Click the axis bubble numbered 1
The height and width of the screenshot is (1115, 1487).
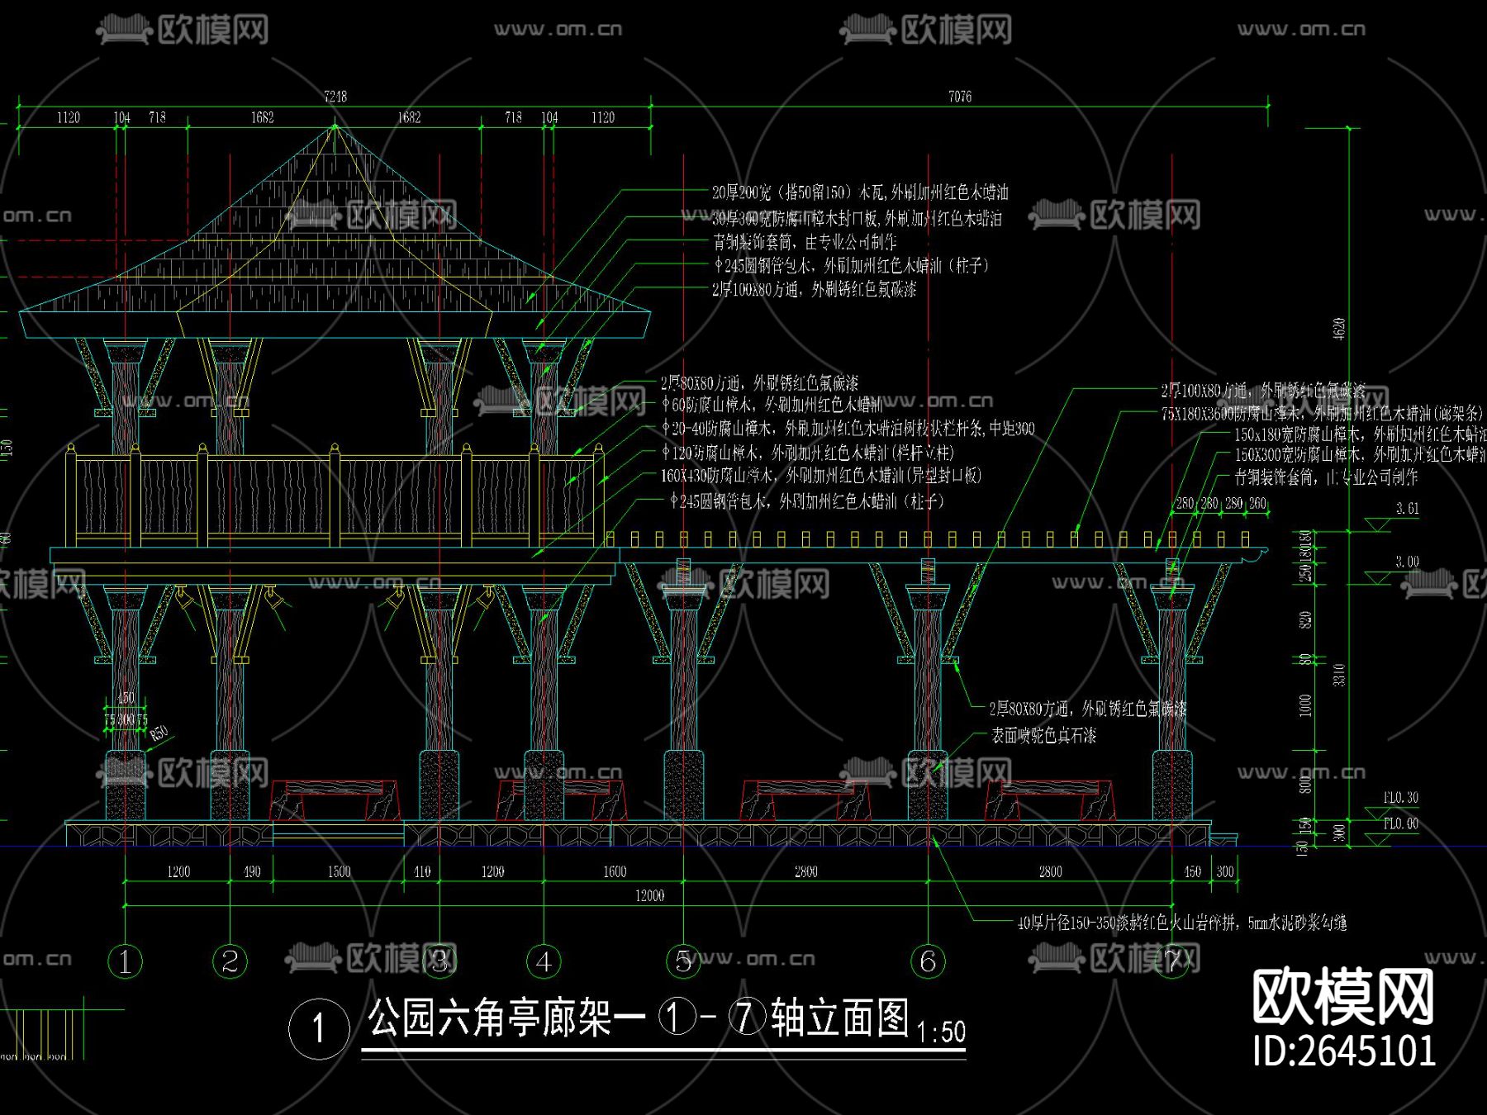point(125,961)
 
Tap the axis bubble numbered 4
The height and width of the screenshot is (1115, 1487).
point(544,961)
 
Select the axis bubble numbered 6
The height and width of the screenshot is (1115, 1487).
point(928,961)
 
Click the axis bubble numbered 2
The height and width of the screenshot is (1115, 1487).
point(230,961)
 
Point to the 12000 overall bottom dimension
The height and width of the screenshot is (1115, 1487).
point(649,895)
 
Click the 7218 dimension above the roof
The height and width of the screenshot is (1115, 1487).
point(335,97)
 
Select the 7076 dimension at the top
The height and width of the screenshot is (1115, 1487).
point(960,97)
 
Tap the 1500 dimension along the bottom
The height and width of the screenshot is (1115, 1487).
point(339,871)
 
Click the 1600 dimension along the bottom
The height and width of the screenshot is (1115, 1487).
point(615,871)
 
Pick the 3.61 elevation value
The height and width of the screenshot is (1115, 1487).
point(1408,509)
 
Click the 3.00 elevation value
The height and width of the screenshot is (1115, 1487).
point(1408,562)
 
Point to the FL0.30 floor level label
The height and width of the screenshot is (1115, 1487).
point(1401,798)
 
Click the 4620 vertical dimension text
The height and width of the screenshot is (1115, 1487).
point(1339,328)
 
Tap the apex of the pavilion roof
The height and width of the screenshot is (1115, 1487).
point(335,126)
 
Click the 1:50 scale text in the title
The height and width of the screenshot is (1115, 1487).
point(941,1032)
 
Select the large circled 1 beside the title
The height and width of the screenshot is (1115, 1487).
point(319,1029)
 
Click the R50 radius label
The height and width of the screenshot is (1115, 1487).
point(159,732)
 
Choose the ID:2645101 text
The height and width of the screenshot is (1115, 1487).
point(1344,1051)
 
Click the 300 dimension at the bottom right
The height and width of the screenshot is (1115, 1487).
point(1225,871)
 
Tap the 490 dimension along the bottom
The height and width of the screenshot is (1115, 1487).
point(252,871)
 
